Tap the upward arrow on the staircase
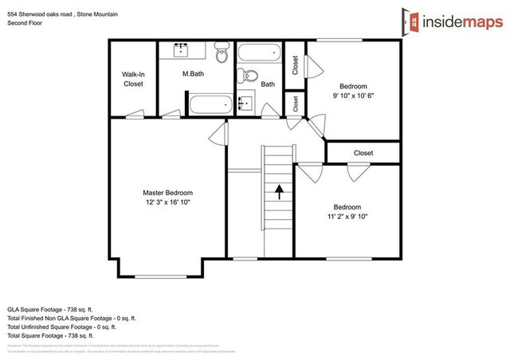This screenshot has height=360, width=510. (279, 190)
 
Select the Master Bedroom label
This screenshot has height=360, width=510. (167, 193)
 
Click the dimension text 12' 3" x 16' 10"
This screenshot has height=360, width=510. (167, 203)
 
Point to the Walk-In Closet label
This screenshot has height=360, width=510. (133, 79)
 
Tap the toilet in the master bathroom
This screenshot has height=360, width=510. (223, 55)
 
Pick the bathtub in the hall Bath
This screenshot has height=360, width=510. (259, 54)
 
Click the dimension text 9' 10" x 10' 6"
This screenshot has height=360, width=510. (353, 96)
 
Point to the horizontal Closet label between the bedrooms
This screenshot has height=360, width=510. (363, 152)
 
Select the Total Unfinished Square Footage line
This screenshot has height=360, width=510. (62, 327)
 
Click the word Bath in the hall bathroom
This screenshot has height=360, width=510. (268, 84)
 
